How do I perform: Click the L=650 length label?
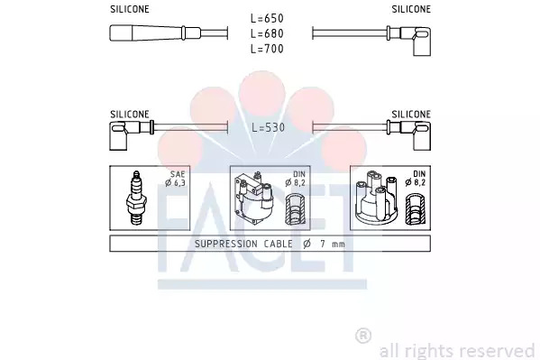[267, 18]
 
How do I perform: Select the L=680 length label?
[267, 33]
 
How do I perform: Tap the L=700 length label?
[267, 49]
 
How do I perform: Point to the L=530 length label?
[269, 127]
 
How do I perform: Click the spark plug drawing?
[137, 198]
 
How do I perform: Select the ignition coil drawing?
[253, 198]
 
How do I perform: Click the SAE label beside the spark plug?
[178, 174]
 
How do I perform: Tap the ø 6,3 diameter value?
[175, 183]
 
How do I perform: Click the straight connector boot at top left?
[155, 33]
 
